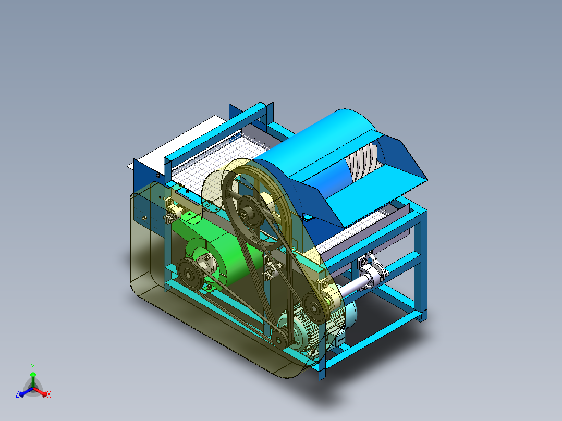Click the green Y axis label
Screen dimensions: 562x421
tap(33, 366)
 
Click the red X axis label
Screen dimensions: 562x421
tap(49, 394)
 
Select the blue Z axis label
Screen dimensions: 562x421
tap(17, 394)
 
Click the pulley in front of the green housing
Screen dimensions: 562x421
tap(189, 274)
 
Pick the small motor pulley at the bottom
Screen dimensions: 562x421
tap(279, 338)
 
